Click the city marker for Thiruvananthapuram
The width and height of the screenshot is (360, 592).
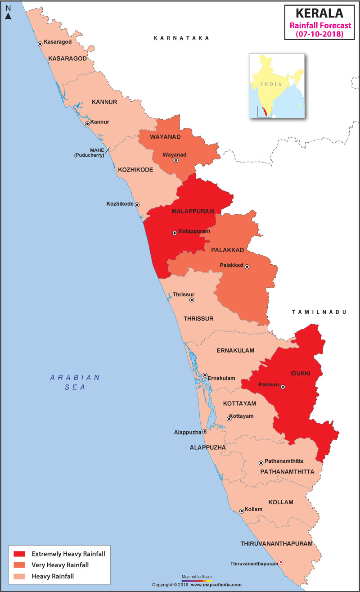pyautogui.click(x=281, y=562)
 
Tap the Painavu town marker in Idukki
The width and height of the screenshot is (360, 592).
pyautogui.click(x=283, y=387)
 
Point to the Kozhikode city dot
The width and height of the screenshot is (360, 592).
pyautogui.click(x=137, y=204)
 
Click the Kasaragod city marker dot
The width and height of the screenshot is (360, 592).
pyautogui.click(x=40, y=44)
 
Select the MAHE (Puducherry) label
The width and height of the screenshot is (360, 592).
pyautogui.click(x=89, y=153)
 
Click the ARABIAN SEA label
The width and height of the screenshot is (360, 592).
pyautogui.click(x=75, y=382)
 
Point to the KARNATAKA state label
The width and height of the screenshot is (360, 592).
pyautogui.click(x=181, y=38)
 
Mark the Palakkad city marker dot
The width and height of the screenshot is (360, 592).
pyautogui.click(x=247, y=267)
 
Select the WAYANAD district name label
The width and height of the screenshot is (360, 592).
pyautogui.click(x=165, y=136)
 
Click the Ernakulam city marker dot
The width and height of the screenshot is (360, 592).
pyautogui.click(x=205, y=375)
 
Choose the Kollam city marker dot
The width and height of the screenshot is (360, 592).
pyautogui.click(x=242, y=511)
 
